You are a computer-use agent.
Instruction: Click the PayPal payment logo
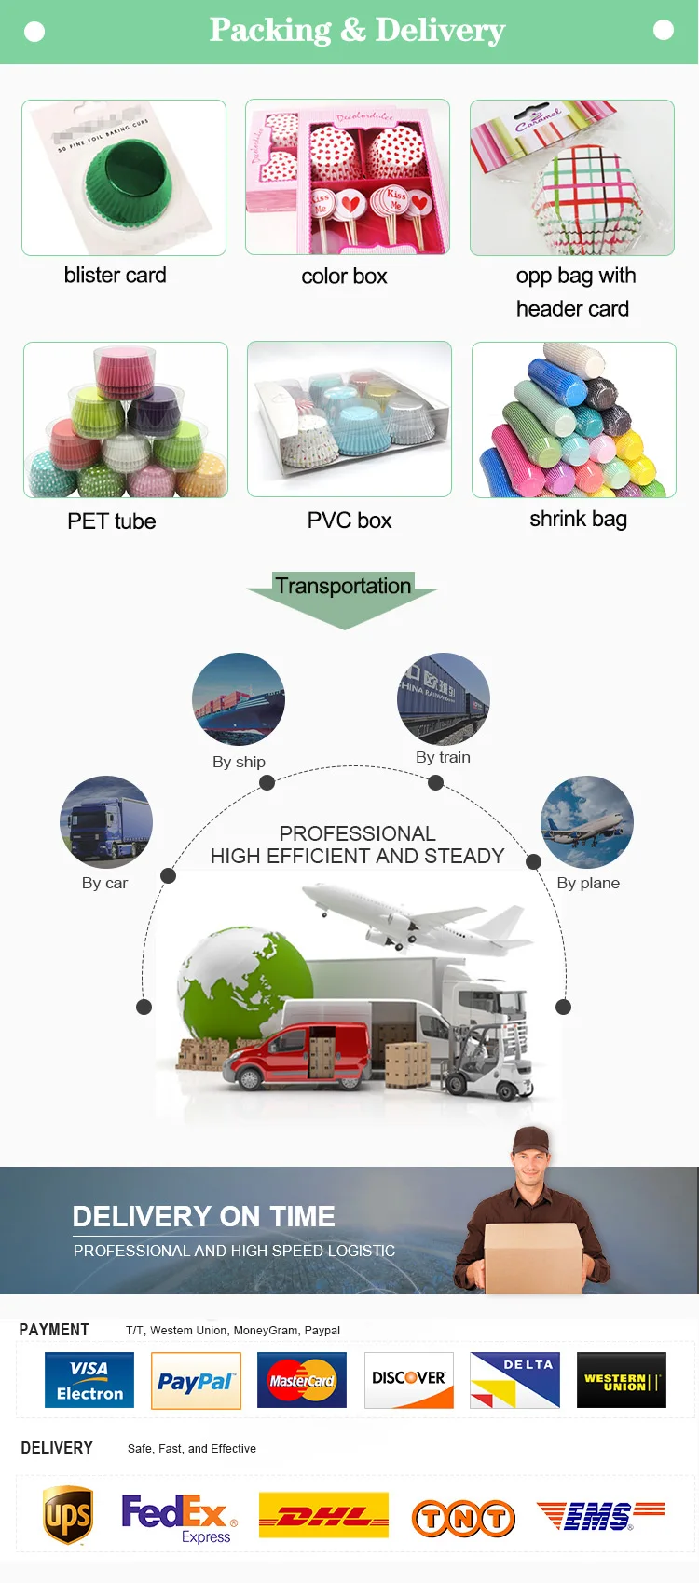pyautogui.click(x=196, y=1381)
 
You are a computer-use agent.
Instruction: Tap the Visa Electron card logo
pyautogui.click(x=89, y=1380)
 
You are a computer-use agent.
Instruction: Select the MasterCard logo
pyautogui.click(x=302, y=1381)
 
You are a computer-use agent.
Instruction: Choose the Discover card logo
pyautogui.click(x=409, y=1380)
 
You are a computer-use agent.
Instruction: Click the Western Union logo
pyautogui.click(x=622, y=1380)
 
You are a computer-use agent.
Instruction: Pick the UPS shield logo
pyautogui.click(x=68, y=1515)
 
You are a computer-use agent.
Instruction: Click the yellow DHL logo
pyautogui.click(x=323, y=1515)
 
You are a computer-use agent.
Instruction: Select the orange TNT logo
pyautogui.click(x=463, y=1519)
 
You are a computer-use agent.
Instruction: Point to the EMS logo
pyautogui.click(x=600, y=1516)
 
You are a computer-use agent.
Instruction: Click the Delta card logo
pyautogui.click(x=515, y=1380)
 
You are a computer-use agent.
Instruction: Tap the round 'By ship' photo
pyautogui.click(x=239, y=699)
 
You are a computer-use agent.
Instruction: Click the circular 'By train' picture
pyautogui.click(x=444, y=698)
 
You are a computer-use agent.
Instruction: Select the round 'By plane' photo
pyautogui.click(x=587, y=822)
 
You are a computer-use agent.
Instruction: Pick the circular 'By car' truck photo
pyautogui.click(x=106, y=822)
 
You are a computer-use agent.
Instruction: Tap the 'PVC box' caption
pyautogui.click(x=349, y=521)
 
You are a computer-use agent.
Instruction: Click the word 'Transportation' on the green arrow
pyautogui.click(x=343, y=586)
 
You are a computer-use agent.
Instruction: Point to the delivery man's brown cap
pyautogui.click(x=530, y=1138)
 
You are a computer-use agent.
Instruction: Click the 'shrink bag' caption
pyautogui.click(x=578, y=519)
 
